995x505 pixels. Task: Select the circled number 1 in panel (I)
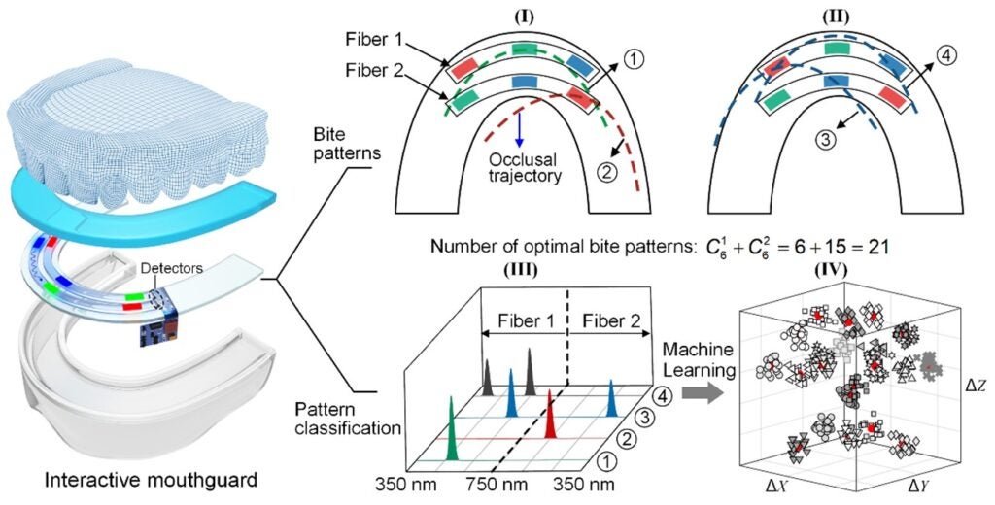point(634,59)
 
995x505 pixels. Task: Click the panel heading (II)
point(834,17)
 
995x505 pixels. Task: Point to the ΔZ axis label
point(976,386)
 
